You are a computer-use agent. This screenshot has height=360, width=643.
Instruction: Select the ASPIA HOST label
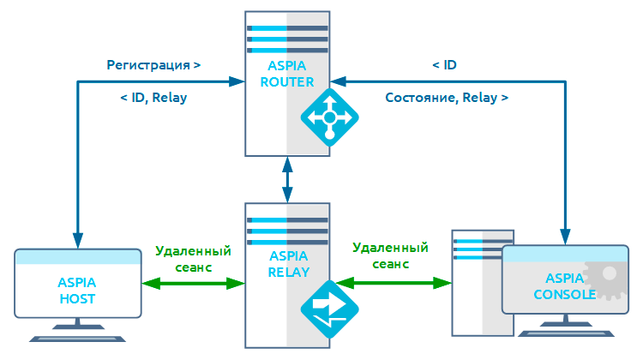pyautogui.click(x=77, y=291)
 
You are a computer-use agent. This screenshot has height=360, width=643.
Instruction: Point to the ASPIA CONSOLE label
pyautogui.click(x=565, y=286)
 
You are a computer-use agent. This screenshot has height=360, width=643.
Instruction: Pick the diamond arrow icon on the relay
pyautogui.click(x=329, y=309)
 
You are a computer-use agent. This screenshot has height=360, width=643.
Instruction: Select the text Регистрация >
pyautogui.click(x=153, y=65)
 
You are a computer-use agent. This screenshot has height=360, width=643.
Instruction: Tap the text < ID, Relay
pyautogui.click(x=153, y=98)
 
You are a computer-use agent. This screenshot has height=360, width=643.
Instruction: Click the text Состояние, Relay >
pyautogui.click(x=447, y=98)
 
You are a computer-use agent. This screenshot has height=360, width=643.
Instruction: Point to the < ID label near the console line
pyautogui.click(x=443, y=65)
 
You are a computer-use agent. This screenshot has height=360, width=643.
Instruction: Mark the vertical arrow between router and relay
pyautogui.click(x=287, y=179)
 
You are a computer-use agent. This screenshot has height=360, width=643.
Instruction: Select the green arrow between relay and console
pyautogui.click(x=394, y=282)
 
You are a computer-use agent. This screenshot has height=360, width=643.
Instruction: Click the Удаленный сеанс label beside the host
pyautogui.click(x=194, y=259)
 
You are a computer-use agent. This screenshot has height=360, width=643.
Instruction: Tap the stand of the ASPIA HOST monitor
pyautogui.click(x=77, y=333)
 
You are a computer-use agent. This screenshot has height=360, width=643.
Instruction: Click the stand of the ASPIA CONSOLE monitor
pyautogui.click(x=564, y=329)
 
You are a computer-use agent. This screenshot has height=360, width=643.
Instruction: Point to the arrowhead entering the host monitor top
pyautogui.click(x=77, y=239)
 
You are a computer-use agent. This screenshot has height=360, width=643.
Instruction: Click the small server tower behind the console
pyautogui.click(x=475, y=283)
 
